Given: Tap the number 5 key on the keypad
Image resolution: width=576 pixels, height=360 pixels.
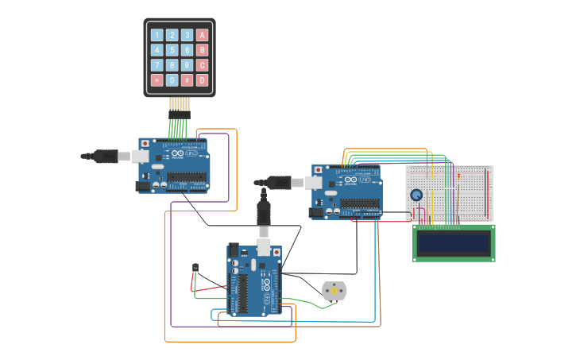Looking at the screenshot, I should click(172, 50).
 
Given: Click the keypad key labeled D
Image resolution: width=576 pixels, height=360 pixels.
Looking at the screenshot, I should click(202, 80).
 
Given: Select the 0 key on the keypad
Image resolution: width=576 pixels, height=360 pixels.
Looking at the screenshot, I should click(172, 80).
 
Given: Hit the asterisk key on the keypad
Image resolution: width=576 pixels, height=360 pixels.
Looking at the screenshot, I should click(157, 80).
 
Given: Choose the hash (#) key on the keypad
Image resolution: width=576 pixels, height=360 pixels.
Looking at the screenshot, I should click(187, 80).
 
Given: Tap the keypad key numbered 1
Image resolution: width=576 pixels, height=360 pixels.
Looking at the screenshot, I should click(157, 35).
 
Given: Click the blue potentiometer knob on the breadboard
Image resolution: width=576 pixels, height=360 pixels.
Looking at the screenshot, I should click(416, 195).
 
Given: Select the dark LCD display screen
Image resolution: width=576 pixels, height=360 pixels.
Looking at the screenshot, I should click(454, 242).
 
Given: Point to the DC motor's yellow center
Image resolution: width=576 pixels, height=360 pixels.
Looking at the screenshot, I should click(334, 292).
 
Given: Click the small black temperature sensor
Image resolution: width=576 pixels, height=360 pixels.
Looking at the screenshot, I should click(195, 268).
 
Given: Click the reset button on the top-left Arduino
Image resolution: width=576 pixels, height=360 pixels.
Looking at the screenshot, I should click(145, 144).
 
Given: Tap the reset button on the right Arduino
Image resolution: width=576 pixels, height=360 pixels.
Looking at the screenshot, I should click(319, 170).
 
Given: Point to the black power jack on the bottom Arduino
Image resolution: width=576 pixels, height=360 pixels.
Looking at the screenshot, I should click(234, 250).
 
